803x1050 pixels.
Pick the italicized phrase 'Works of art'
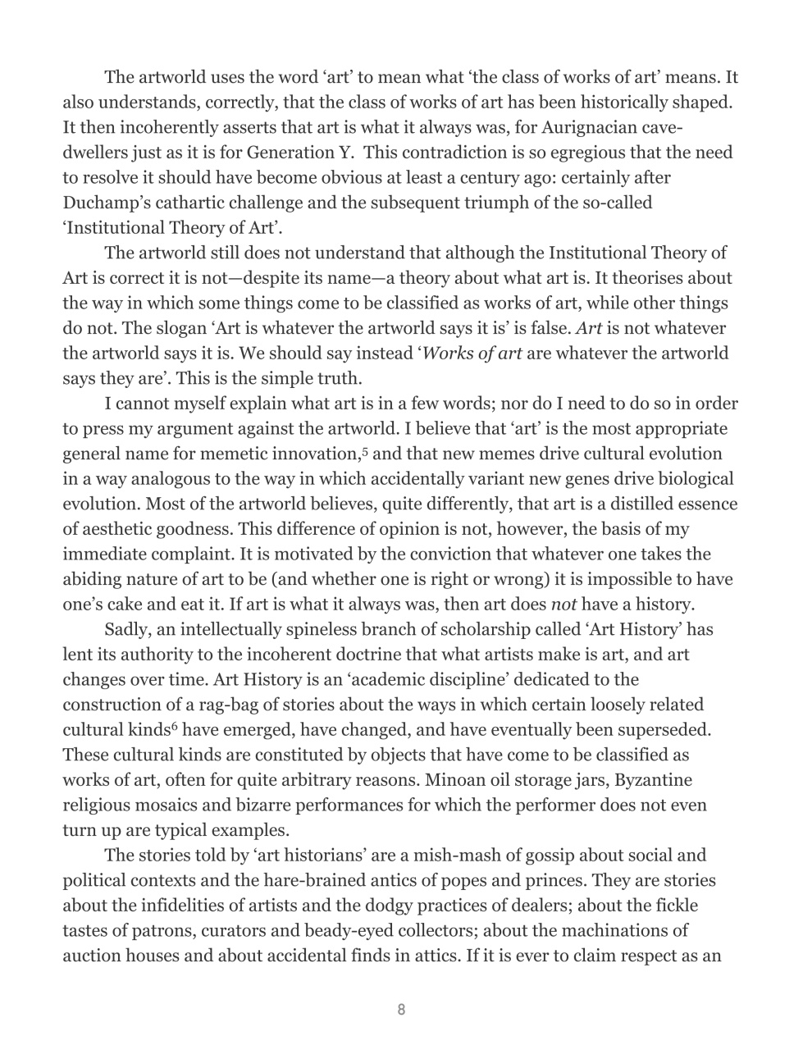click(474, 354)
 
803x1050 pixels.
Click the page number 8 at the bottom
click(401, 1010)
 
